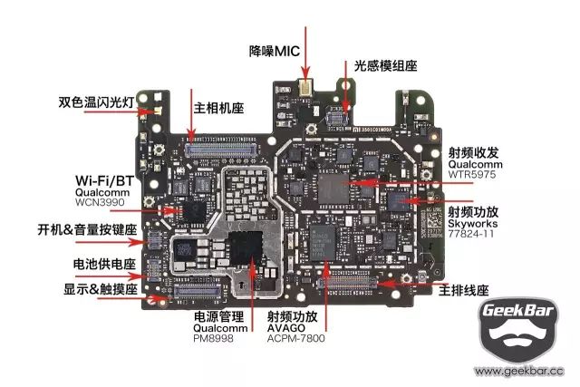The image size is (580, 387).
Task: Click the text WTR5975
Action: point(472,174)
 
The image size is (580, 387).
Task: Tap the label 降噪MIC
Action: point(274,51)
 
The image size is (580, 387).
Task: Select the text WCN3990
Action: point(100,202)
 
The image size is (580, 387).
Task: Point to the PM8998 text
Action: point(213,338)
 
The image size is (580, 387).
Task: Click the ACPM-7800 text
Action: point(296,338)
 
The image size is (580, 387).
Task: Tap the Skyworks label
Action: point(472,224)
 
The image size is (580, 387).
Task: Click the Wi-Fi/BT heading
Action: point(104,181)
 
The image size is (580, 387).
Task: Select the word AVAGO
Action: point(286,328)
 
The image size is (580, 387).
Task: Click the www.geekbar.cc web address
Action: point(519,371)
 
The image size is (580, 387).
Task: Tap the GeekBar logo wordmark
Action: point(518,310)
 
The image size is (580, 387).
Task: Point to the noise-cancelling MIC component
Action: point(305,87)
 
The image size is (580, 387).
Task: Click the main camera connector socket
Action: point(221,148)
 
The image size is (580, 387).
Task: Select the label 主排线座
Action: point(463,290)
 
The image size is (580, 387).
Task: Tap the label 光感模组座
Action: point(386,66)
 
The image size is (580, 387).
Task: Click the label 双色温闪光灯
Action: point(96,102)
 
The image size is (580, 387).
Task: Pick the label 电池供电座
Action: point(105,264)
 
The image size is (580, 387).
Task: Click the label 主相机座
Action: point(218,108)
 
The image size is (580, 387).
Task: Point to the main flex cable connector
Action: point(348,283)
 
